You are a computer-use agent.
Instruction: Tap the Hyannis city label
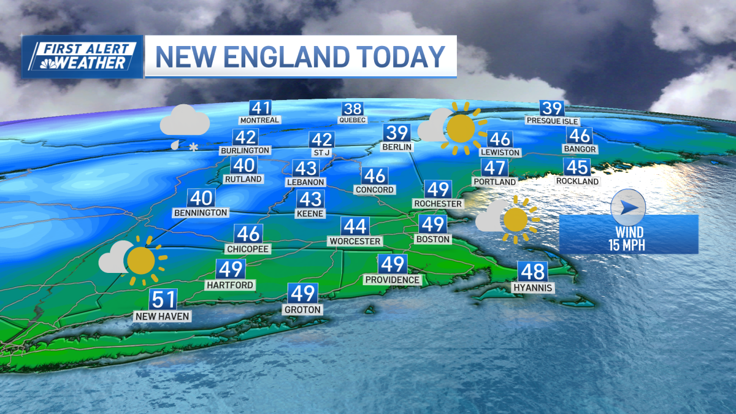coord(534,288)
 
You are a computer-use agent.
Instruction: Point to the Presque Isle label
coord(552,121)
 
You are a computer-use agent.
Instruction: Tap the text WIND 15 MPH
coord(629,239)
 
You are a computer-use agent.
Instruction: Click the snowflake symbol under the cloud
coord(194,147)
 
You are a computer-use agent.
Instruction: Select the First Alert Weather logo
coord(83,56)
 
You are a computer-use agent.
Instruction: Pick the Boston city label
coord(433,239)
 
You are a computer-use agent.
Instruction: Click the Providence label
coord(393,280)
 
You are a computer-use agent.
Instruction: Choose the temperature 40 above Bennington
coord(201,198)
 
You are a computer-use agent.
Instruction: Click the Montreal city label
coord(260,120)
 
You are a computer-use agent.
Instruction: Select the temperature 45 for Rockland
coord(578,167)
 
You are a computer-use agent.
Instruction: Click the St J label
coord(321,151)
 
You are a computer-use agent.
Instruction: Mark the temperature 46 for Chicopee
coord(249,234)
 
